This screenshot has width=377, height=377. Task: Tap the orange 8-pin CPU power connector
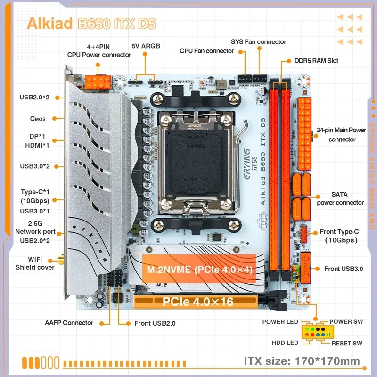[x=98, y=83]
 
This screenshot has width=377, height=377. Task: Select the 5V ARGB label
[x=146, y=47]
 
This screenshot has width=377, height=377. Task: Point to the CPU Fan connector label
[x=207, y=51]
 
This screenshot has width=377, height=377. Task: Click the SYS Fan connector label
[x=258, y=42]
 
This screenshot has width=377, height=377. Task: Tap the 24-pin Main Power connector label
[x=342, y=135]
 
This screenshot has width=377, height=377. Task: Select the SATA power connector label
[x=340, y=199]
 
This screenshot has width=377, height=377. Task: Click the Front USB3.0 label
[x=344, y=269]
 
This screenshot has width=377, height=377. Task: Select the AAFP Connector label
[x=69, y=323]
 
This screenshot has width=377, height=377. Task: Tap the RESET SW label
[x=347, y=343]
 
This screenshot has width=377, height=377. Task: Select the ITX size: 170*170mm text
[x=302, y=361]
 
